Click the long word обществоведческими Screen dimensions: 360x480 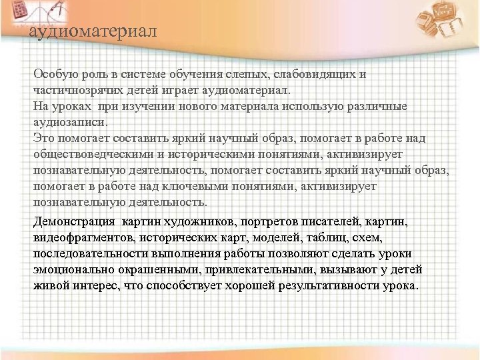[92, 154]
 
